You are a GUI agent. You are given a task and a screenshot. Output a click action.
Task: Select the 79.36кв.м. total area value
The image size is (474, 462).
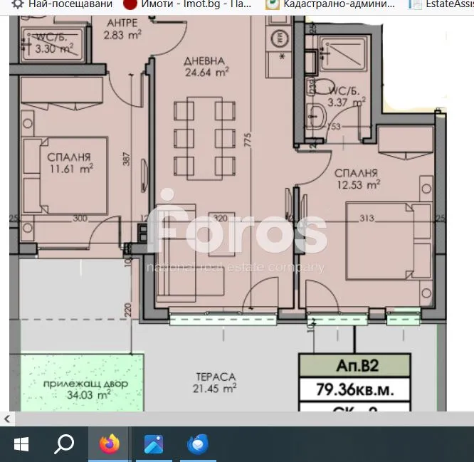coord(354,390)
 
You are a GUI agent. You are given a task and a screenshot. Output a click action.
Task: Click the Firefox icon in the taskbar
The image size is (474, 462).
coord(109,444)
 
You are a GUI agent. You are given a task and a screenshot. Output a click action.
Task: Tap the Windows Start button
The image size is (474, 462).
coord(21,444)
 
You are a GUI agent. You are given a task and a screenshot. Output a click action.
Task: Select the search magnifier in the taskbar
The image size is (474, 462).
coord(64,444)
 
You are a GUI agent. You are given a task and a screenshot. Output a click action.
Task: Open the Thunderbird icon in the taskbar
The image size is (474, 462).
coord(196,444)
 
